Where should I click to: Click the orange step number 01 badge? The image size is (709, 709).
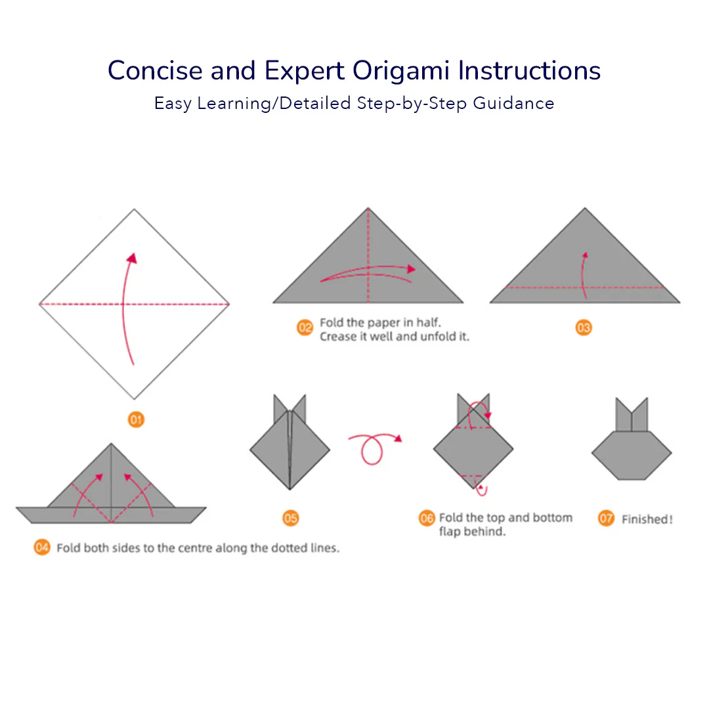[x=136, y=419]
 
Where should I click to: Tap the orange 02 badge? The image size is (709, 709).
[x=305, y=328]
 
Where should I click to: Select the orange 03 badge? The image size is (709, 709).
[x=584, y=328]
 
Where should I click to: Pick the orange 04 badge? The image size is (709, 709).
[x=42, y=548]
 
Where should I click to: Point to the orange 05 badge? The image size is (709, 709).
[x=290, y=518]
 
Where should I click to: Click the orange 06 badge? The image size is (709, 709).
[x=427, y=518]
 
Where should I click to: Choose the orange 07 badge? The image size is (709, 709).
[x=606, y=518]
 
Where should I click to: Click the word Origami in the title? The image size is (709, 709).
[x=400, y=71]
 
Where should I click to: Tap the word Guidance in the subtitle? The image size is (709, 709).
[x=513, y=103]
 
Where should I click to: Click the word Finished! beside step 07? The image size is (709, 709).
[x=647, y=519]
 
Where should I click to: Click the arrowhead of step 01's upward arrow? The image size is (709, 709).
[x=132, y=258]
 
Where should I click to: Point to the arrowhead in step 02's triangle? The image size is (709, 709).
[x=410, y=269]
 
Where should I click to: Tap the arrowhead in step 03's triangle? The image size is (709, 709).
[x=585, y=255]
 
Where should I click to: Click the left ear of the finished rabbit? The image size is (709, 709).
[x=624, y=414]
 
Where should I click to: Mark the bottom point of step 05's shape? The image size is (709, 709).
[x=290, y=489]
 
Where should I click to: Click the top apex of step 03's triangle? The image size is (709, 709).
[x=585, y=208]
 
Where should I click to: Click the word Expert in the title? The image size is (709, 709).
[x=305, y=71]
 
